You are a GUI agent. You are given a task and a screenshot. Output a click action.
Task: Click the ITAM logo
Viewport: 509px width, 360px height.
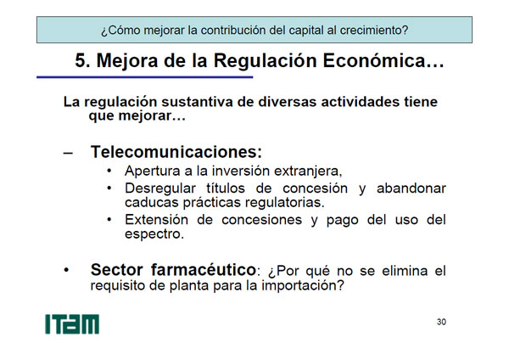(72, 323)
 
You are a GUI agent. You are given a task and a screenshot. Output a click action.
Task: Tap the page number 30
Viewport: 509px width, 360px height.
(441, 322)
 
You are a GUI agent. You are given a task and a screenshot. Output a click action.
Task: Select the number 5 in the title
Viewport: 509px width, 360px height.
(81, 61)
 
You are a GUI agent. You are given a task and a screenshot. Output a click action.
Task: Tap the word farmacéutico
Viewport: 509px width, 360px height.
(204, 269)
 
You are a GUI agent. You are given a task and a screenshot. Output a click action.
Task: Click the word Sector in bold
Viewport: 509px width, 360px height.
(116, 270)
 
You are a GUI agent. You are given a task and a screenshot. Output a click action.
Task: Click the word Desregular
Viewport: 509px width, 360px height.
(160, 188)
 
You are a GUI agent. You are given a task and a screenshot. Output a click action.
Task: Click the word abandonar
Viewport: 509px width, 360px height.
(411, 188)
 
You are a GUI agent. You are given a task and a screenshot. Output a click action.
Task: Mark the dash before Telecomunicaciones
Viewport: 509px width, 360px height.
(68, 154)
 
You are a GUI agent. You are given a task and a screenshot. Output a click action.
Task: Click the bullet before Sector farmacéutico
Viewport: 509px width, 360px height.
(66, 270)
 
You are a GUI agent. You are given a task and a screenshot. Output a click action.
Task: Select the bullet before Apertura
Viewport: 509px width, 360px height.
(109, 171)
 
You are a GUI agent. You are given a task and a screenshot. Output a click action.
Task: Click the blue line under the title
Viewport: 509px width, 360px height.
(145, 77)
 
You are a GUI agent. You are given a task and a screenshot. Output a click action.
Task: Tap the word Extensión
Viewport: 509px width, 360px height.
(156, 220)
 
